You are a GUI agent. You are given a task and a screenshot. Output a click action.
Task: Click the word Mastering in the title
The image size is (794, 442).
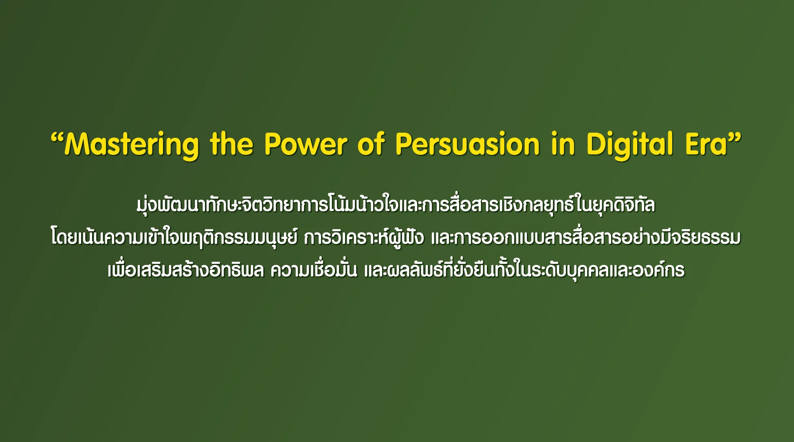[132, 145]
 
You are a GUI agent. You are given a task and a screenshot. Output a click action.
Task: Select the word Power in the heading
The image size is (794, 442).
[306, 144]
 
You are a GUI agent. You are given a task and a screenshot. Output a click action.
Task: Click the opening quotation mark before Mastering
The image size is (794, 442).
[57, 138]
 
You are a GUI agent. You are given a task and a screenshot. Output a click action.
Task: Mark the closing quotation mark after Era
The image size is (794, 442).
[734, 138]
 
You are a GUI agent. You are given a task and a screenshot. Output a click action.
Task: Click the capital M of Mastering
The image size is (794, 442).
[77, 144]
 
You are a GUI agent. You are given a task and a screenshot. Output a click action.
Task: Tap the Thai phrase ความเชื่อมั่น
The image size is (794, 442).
[314, 270]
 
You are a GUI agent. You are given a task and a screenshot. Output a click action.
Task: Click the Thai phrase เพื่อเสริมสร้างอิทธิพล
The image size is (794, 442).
[186, 270]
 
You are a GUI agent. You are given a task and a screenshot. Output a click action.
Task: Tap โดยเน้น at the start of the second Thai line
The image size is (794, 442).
[77, 238]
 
